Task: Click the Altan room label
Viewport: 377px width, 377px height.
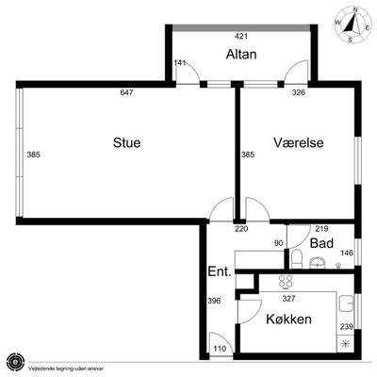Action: click(x=241, y=54)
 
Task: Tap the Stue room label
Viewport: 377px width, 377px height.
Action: click(x=126, y=142)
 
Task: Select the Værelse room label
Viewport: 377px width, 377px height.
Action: click(x=299, y=142)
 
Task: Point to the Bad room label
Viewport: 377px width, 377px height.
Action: click(x=321, y=243)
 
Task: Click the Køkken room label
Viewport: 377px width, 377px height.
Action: click(x=288, y=320)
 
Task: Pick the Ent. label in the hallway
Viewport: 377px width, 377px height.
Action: click(x=220, y=271)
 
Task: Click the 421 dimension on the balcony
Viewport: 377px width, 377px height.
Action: click(x=241, y=37)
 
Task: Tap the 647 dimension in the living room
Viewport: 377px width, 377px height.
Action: click(x=127, y=92)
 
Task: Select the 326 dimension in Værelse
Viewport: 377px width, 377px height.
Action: click(x=299, y=92)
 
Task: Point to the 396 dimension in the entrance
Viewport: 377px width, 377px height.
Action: click(x=214, y=301)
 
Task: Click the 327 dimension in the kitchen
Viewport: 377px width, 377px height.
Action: click(x=288, y=298)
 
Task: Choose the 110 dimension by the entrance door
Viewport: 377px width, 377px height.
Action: click(x=220, y=349)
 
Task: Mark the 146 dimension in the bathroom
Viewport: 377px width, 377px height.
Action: click(x=347, y=253)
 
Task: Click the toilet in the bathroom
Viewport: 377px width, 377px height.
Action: click(x=296, y=259)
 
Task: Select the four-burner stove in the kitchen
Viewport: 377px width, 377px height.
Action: click(x=286, y=282)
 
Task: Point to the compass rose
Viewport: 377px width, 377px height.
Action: click(x=352, y=25)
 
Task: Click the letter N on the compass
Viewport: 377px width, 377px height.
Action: click(x=355, y=9)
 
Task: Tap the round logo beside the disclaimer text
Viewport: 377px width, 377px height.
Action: click(x=15, y=362)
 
